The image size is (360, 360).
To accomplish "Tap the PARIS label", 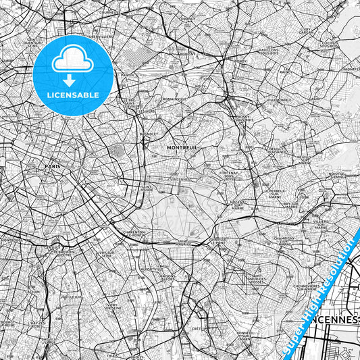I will coord(53,165).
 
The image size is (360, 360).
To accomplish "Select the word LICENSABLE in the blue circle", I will coord(73,95).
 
